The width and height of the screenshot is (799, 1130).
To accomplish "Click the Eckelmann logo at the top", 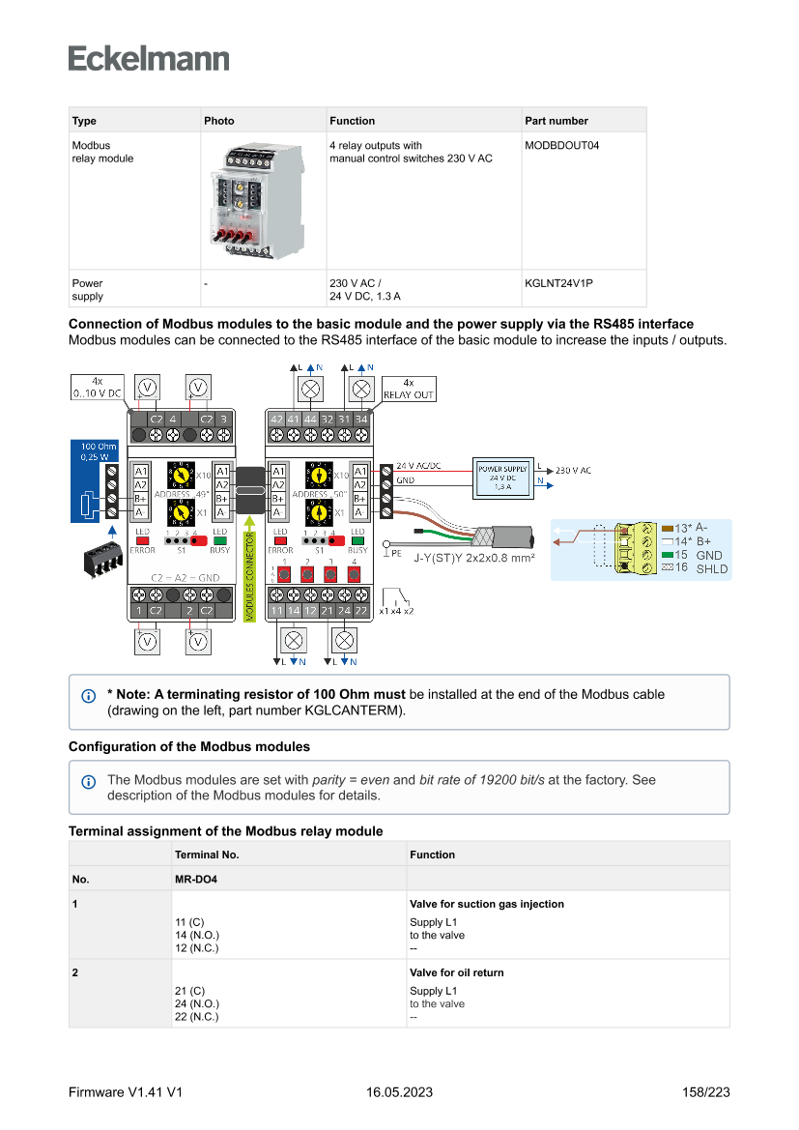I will (149, 58).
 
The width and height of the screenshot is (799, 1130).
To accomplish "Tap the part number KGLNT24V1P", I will (558, 284).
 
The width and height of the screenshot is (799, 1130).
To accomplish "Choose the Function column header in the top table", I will (353, 121).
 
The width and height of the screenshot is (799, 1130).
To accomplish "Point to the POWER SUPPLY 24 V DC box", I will (501, 478).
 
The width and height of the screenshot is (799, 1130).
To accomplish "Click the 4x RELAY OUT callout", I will (409, 389).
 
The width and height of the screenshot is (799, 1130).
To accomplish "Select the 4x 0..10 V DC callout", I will (97, 388).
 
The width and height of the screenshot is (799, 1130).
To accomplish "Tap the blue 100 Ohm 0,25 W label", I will (99, 451).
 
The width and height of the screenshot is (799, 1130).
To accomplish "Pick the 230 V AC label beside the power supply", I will (573, 471).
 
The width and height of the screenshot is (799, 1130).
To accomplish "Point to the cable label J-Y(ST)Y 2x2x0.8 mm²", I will (473, 558).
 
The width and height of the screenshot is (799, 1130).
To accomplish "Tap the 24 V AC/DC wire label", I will (419, 466).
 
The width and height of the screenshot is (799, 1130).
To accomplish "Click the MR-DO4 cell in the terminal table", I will (195, 880).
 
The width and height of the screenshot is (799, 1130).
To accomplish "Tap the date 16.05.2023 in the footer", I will (399, 1092).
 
